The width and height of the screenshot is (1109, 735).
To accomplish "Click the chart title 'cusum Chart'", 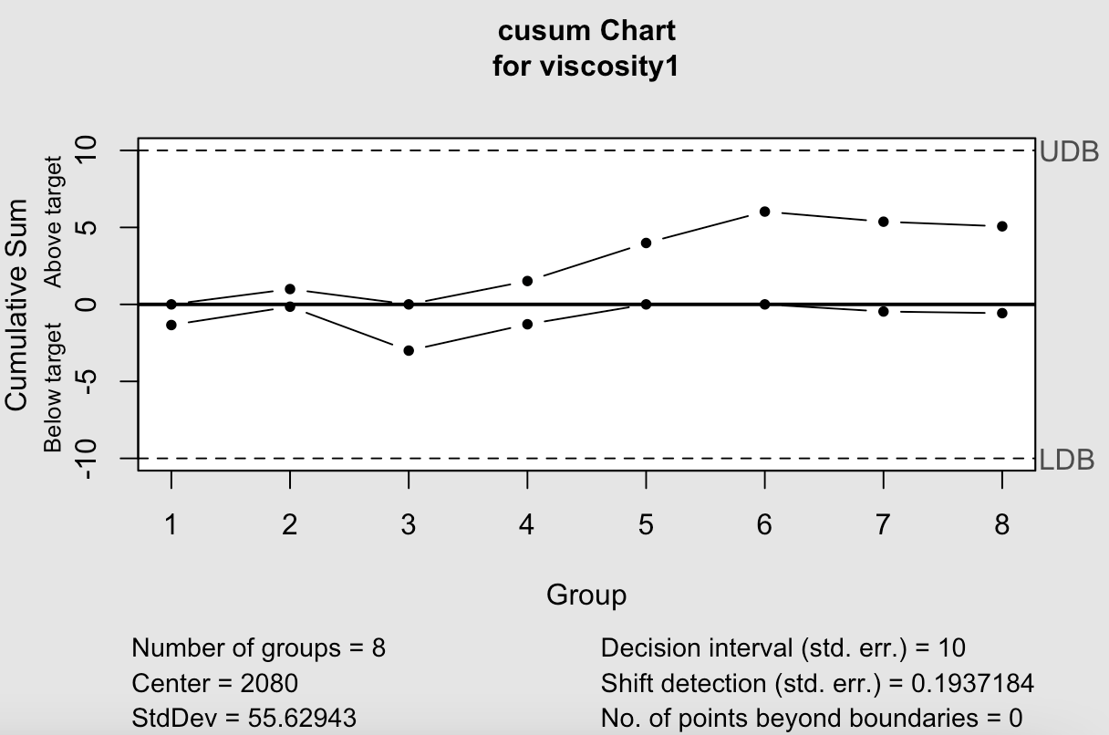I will pyautogui.click(x=586, y=31).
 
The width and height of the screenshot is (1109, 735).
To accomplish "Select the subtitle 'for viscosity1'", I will pyautogui.click(x=586, y=67).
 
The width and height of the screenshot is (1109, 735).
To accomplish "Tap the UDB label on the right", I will pyautogui.click(x=1069, y=152).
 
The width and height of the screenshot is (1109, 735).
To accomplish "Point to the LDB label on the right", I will pyautogui.click(x=1067, y=460).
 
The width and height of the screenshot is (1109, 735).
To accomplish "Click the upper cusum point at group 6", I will pyautogui.click(x=765, y=212).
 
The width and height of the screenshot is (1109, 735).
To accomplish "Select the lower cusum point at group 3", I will pyautogui.click(x=409, y=350).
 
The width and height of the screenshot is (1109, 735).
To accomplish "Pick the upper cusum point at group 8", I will pyautogui.click(x=1002, y=226).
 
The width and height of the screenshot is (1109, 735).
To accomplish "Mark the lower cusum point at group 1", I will pyautogui.click(x=171, y=325).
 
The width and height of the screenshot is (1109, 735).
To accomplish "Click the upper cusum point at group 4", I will pyautogui.click(x=527, y=281).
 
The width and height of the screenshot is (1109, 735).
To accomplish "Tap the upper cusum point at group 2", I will pyautogui.click(x=290, y=289).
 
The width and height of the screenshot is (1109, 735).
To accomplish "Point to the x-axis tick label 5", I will pyautogui.click(x=646, y=525).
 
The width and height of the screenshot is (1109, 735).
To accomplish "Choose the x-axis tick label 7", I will pyautogui.click(x=883, y=525).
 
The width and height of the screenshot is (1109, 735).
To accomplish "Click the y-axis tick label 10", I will pyautogui.click(x=87, y=150).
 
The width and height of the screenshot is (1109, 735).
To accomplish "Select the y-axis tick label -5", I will pyautogui.click(x=87, y=381).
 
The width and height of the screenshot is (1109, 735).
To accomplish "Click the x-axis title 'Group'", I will pyautogui.click(x=586, y=595).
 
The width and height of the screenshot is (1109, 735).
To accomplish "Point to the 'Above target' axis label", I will pyautogui.click(x=54, y=222).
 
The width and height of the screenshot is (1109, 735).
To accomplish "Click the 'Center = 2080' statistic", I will pyautogui.click(x=214, y=683).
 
